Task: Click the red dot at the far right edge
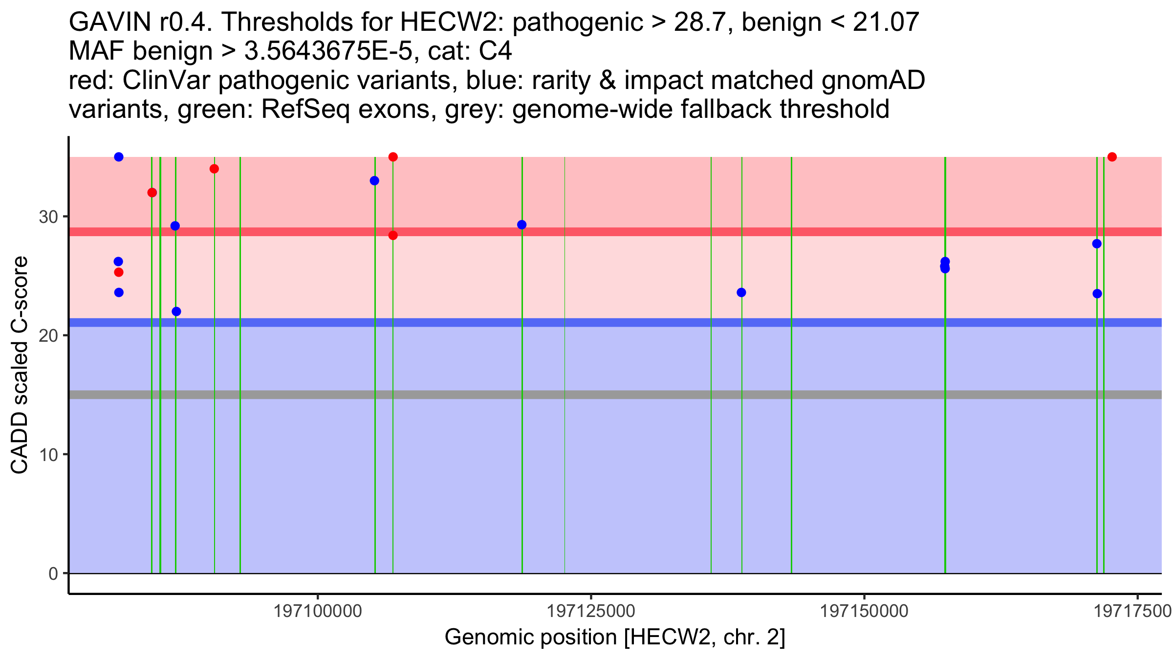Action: click(1112, 157)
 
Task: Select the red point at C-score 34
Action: click(214, 169)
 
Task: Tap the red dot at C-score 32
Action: click(152, 193)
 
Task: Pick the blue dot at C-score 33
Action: click(374, 181)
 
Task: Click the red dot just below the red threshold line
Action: click(393, 236)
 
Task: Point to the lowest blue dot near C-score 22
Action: click(176, 311)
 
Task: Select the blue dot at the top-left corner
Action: click(119, 157)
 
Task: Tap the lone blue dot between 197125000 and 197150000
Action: click(741, 292)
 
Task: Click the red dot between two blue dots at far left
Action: click(119, 272)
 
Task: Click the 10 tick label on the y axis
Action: click(48, 455)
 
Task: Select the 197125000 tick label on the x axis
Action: click(591, 611)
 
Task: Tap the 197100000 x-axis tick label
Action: click(318, 611)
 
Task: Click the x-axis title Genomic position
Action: click(615, 638)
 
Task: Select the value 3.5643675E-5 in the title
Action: click(328, 51)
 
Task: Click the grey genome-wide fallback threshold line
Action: click(615, 395)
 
